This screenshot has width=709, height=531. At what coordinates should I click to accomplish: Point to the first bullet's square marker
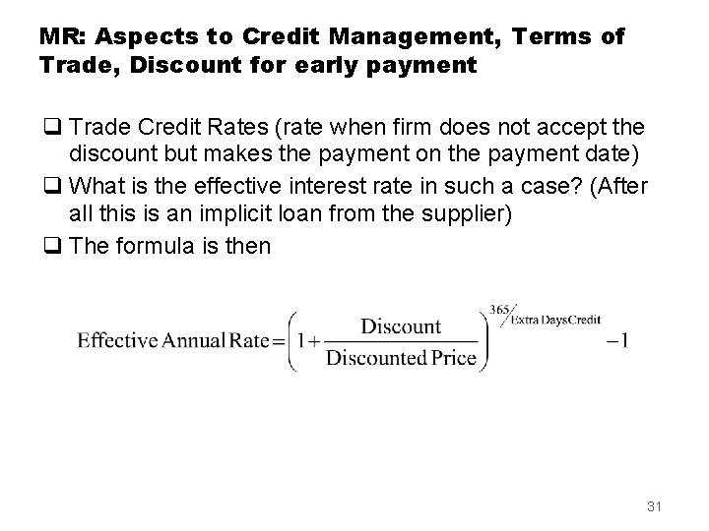[x=49, y=127]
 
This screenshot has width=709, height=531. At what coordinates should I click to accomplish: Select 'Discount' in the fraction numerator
[x=401, y=324]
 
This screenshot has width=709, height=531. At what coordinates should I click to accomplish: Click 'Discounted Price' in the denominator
[x=401, y=359]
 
